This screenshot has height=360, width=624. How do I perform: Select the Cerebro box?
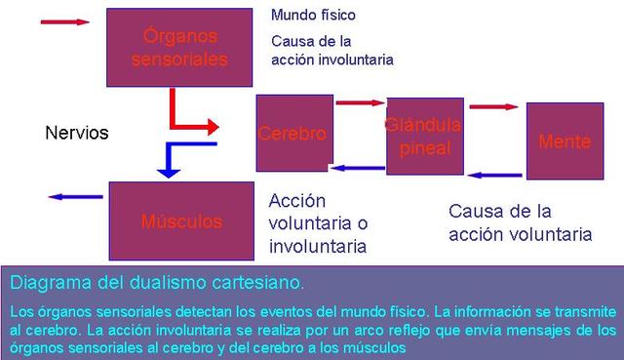point(292,133)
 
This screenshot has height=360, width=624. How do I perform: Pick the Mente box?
point(565,141)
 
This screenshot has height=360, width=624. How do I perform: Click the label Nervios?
point(77,133)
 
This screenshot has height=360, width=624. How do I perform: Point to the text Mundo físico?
point(313,16)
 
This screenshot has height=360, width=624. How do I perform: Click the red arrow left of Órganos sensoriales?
point(65,21)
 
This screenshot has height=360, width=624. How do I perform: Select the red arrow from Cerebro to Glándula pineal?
point(361,102)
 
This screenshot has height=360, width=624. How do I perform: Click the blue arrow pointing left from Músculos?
point(76,197)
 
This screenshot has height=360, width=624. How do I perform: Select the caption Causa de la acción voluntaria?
point(520,222)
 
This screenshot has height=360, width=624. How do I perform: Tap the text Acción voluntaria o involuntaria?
point(317,223)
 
